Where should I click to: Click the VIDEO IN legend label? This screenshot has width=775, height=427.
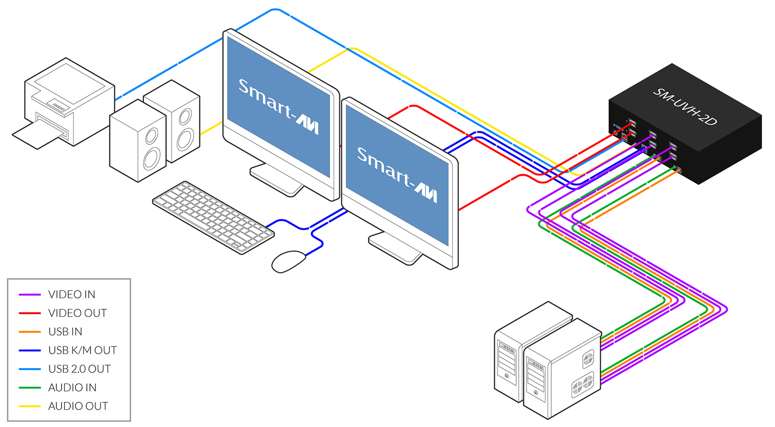coord(71,295)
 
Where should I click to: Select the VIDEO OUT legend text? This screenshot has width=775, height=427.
coord(78,313)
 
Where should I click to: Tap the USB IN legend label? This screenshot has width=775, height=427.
coord(65,332)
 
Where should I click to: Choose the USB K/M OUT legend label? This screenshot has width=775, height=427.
coord(83,350)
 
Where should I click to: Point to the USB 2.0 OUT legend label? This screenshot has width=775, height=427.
coord(80,369)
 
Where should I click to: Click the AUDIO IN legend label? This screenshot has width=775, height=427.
coord(72,388)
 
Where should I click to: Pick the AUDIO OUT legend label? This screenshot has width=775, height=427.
coord(78,406)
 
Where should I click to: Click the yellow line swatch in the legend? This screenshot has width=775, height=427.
coord(30,406)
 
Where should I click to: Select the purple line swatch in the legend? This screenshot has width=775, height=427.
coord(30,295)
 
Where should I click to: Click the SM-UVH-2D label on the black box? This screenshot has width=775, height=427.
coord(685,106)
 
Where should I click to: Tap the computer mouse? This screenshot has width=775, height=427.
coord(288,261)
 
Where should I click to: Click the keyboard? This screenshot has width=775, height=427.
coord(213,217)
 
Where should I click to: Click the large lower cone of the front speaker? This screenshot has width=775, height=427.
coord(151,158)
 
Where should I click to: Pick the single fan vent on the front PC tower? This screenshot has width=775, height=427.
coord(588,358)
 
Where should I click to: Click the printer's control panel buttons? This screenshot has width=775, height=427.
coord(58,108)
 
